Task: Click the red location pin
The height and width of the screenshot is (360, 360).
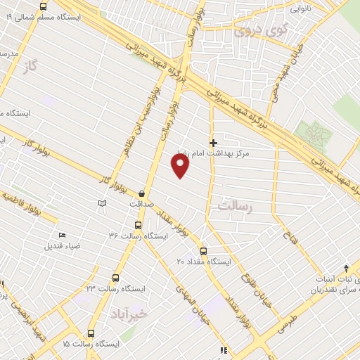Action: click(181, 165)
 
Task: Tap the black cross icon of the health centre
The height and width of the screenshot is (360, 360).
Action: click(214, 143)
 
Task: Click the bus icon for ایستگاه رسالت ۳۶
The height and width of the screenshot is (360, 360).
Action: click(137, 226)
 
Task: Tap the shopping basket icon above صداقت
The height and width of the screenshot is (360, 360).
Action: click(142, 193)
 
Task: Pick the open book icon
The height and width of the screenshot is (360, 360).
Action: click(103, 203)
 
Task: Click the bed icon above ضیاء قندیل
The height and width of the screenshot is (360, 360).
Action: click(63, 236)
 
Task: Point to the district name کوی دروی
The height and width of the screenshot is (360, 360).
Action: click(252, 30)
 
